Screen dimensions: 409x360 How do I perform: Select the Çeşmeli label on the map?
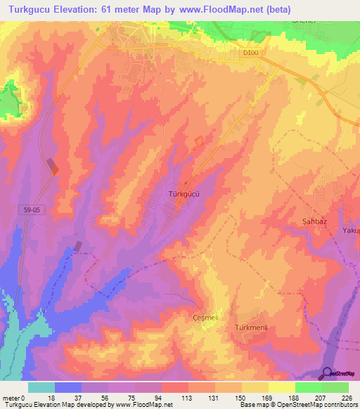point(207,318)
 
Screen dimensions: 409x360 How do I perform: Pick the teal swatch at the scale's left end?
point(41,387)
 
